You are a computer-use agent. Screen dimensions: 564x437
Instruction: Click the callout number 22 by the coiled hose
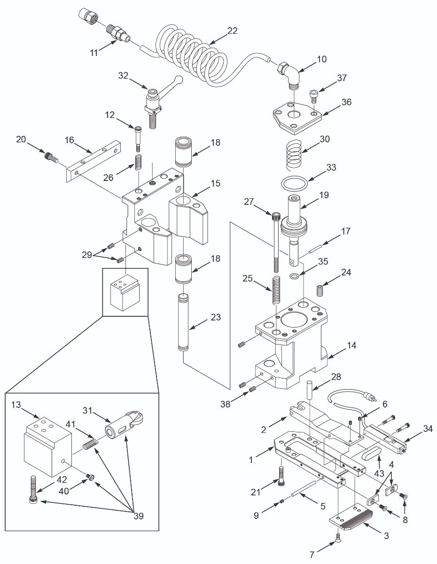tap(232, 31)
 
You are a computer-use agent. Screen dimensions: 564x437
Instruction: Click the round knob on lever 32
tap(179, 79)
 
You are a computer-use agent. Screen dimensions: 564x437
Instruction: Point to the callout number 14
tap(351, 345)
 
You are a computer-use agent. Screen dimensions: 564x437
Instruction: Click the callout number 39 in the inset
tap(137, 516)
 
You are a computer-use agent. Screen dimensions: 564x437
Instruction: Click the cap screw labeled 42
tap(33, 489)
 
